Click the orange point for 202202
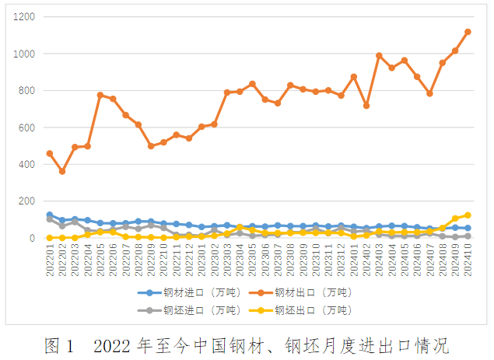click(62, 171)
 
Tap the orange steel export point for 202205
click(100, 95)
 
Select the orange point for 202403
click(379, 55)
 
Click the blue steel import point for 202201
click(50, 215)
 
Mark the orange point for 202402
click(366, 106)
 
